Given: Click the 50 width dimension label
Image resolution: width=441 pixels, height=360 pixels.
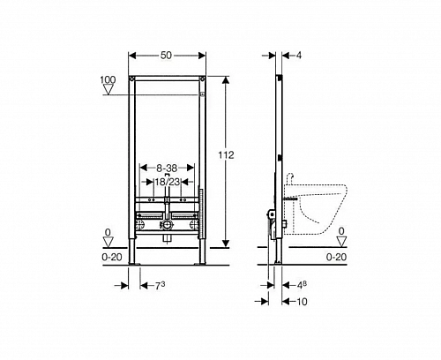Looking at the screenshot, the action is point(166,56).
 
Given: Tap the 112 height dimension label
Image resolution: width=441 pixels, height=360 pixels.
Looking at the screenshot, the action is point(226,154).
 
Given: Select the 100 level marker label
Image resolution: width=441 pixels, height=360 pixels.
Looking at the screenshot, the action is point(108,79).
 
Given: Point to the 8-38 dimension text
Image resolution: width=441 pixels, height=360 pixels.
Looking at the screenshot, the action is point(167,169).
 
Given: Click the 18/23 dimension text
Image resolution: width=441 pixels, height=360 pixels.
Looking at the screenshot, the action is point(167,182).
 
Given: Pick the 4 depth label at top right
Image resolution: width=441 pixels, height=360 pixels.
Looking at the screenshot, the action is point(298,56).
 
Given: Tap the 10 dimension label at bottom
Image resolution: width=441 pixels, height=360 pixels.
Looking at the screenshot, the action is point(302,302).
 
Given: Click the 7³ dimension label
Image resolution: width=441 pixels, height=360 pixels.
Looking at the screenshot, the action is point(160,285).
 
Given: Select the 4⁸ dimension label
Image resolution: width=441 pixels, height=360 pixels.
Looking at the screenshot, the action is point(302,285).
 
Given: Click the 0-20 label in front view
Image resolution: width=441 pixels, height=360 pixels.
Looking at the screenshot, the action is point(112,257).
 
